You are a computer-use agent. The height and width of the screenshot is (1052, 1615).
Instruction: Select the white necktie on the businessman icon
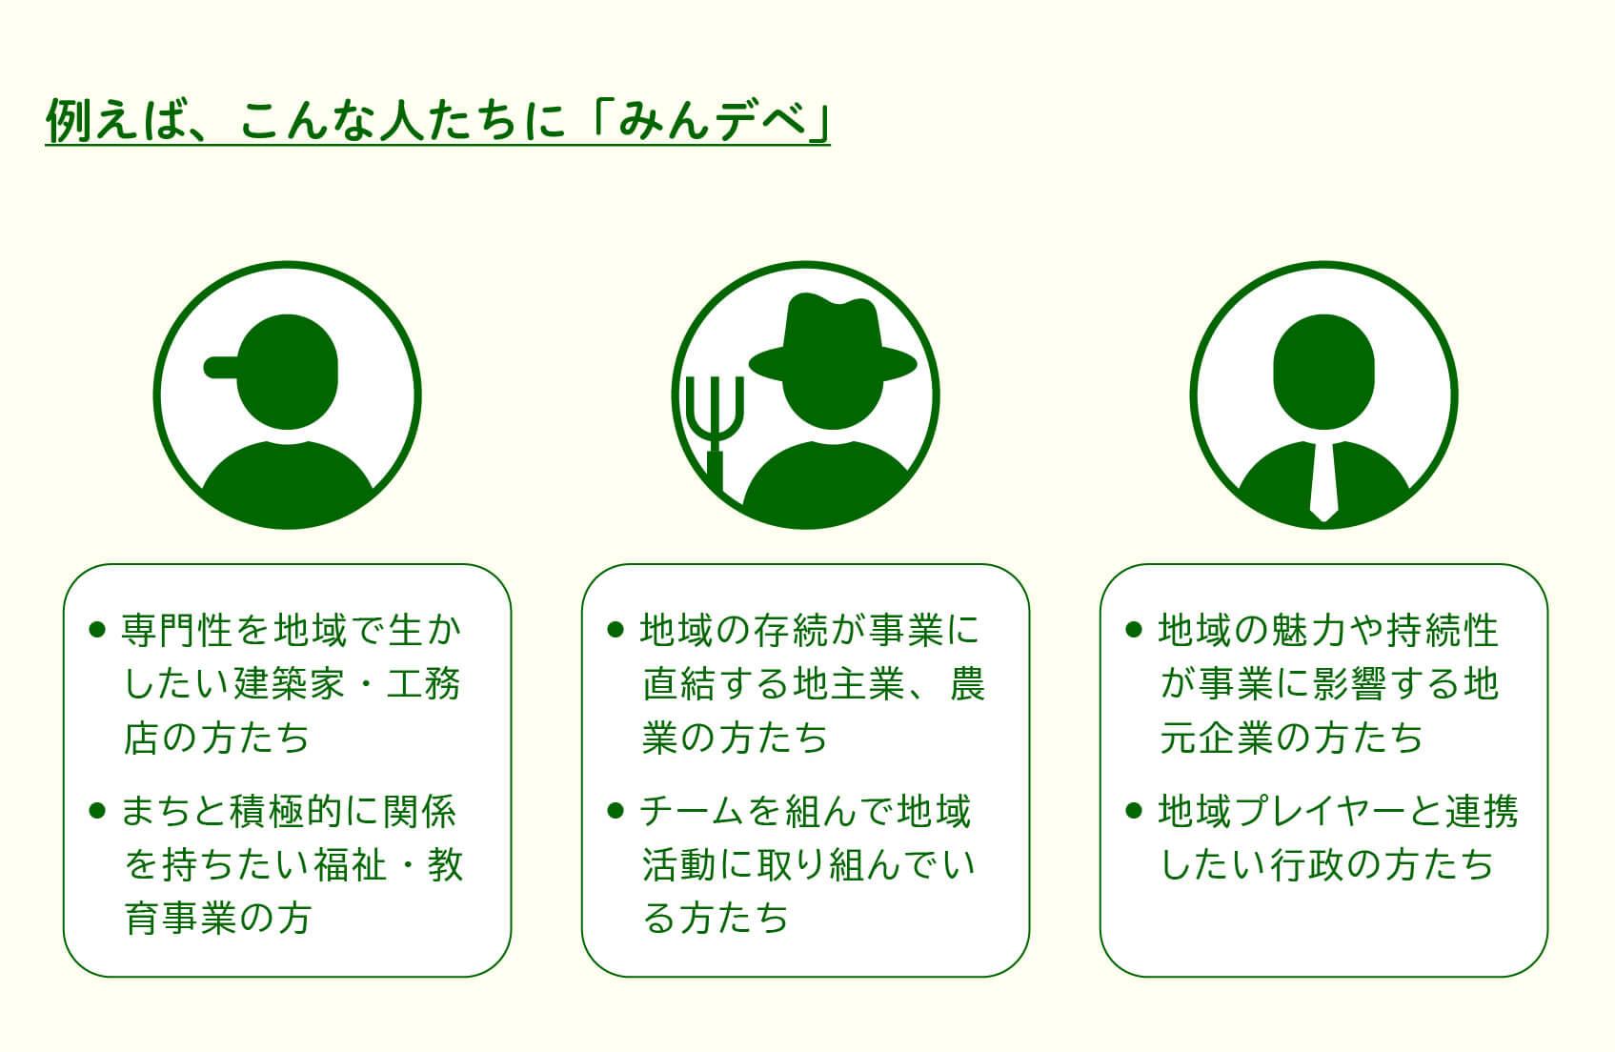[1323, 479]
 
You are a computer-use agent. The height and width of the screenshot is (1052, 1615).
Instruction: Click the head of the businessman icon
[1323, 372]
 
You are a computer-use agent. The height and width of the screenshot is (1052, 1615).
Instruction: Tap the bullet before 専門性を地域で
[97, 630]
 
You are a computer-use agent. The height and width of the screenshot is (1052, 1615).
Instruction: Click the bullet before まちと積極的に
[97, 810]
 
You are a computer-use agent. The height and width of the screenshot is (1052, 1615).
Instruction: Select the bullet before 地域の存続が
[615, 630]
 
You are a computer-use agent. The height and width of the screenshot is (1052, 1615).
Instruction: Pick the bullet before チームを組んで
[615, 810]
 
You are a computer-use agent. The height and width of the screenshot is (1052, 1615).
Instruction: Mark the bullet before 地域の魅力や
[1134, 630]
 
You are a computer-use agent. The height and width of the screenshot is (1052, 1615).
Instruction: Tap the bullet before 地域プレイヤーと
[1134, 810]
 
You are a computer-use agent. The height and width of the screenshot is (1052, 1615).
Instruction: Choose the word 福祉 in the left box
[351, 864]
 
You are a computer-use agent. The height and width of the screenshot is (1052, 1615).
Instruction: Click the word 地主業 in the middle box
[849, 683]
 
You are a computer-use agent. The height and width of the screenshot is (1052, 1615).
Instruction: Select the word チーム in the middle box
[691, 811]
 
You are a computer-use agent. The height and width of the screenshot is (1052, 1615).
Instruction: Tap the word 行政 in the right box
[1305, 864]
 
